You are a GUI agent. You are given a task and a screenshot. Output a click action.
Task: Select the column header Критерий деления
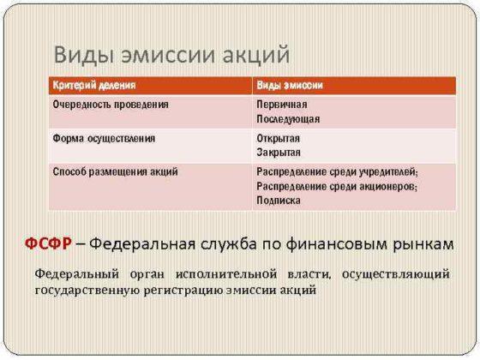pos(93,87)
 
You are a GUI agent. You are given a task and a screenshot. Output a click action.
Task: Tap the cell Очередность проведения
pos(111,104)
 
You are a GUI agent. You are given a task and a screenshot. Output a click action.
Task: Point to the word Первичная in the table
pos(279,104)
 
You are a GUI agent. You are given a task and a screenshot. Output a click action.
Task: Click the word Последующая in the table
pos(287,118)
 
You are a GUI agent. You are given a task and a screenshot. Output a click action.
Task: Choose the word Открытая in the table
pos(277,137)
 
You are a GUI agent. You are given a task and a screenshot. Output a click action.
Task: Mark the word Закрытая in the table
pos(278,152)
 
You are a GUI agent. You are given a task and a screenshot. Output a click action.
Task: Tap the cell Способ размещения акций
pos(115,171)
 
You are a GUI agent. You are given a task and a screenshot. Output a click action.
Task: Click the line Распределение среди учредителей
pos(336,171)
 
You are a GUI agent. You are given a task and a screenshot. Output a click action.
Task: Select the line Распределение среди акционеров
pos(335,185)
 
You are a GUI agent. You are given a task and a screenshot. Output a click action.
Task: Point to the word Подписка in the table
pos(278,200)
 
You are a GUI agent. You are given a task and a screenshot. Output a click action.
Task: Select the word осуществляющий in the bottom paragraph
pos(394,274)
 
